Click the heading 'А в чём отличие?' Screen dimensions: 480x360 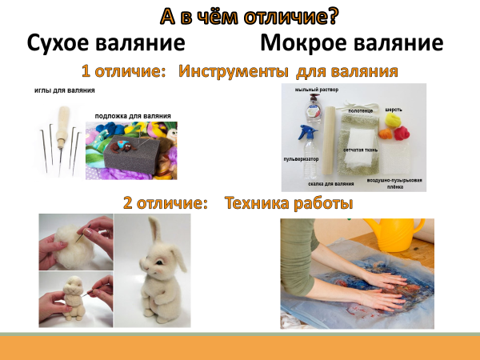tap(250, 17)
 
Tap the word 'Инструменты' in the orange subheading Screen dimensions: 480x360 tap(234, 72)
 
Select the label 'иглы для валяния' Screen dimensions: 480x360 tap(65, 90)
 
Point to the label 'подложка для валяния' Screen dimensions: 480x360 tap(133, 116)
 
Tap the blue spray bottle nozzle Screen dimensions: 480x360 tap(308, 132)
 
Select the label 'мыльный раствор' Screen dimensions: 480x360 tap(317, 90)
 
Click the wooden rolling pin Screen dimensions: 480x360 tap(329, 141)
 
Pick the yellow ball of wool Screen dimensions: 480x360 tap(393, 120)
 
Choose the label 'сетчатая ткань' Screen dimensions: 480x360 tap(360, 150)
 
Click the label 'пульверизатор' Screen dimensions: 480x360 tap(302, 159)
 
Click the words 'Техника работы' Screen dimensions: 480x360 tap(289, 203)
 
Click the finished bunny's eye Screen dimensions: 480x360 tap(159, 262)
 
